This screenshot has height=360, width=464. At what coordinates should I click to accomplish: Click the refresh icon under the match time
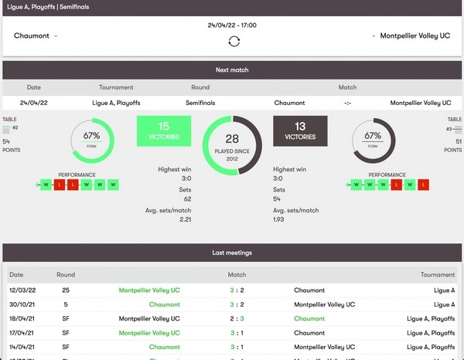(x=234, y=41)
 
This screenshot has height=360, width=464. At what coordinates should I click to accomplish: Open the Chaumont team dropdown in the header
(x=36, y=36)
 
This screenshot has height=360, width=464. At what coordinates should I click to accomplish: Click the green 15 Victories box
(x=164, y=131)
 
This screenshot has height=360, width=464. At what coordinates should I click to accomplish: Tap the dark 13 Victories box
(x=301, y=131)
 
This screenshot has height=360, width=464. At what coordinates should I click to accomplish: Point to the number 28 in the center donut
(x=232, y=138)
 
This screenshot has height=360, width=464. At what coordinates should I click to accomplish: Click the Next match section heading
(x=232, y=70)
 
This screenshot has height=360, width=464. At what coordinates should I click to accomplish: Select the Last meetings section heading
(x=232, y=253)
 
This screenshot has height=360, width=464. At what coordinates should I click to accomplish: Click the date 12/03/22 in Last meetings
(x=22, y=290)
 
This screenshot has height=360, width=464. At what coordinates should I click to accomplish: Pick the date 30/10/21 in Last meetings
(x=22, y=304)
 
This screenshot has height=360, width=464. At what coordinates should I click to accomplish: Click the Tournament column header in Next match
(x=116, y=87)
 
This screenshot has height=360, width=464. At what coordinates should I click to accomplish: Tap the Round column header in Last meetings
(x=66, y=274)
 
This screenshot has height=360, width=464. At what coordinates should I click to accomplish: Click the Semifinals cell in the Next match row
(x=200, y=103)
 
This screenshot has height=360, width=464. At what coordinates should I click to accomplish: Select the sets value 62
(x=187, y=199)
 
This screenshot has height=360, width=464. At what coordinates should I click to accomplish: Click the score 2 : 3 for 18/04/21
(x=237, y=318)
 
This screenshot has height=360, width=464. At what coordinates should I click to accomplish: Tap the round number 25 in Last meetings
(x=66, y=290)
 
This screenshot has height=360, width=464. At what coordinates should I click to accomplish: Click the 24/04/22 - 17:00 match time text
(x=232, y=25)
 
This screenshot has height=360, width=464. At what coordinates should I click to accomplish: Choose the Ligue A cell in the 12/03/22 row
(x=445, y=290)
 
